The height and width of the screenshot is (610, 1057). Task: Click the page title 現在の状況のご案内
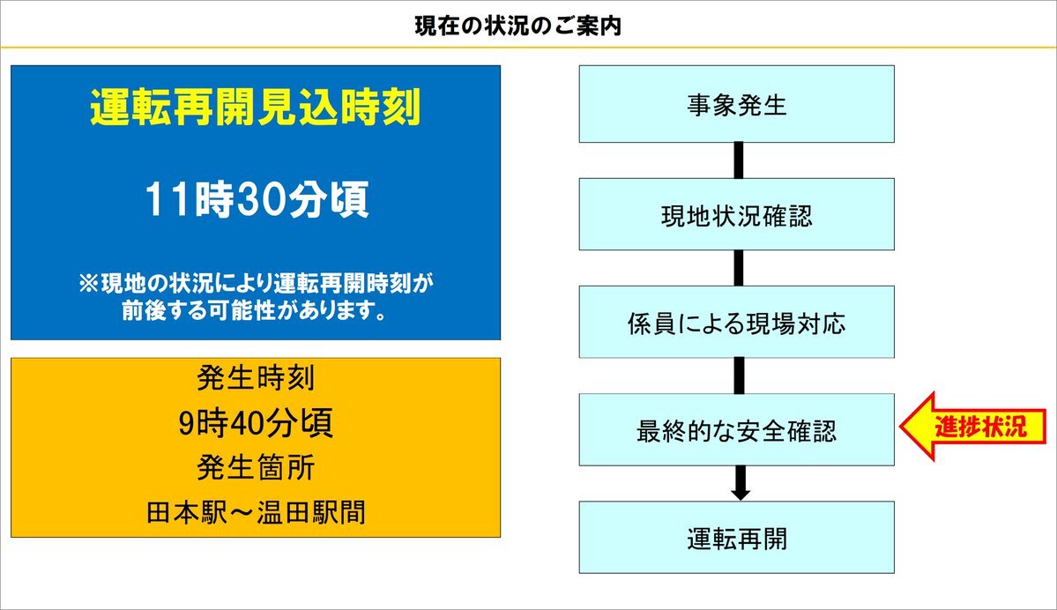pos(517,26)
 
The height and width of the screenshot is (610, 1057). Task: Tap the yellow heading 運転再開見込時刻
pos(256,108)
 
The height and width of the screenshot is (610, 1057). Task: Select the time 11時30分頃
pos(257,199)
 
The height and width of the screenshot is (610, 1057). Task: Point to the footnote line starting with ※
pos(256,283)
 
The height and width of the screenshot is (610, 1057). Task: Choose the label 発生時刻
pos(256,377)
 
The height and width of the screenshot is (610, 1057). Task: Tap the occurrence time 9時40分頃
pos(256,423)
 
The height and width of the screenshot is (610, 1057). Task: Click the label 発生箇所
pos(256,468)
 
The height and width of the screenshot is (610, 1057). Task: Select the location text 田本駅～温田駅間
pos(256,513)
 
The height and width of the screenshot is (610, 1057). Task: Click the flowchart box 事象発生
pos(737,104)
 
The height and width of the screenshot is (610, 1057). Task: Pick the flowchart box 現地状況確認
pos(737,214)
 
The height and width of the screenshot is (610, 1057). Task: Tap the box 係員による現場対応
pos(737,322)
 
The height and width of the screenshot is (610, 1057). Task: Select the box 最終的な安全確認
pos(737,430)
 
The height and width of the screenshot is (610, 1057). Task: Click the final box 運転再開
pos(737,537)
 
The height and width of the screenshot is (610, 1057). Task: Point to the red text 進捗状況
pos(981,427)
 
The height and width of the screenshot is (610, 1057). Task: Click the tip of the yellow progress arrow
pos(901,427)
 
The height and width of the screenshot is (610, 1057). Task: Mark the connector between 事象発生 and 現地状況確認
pos(739,160)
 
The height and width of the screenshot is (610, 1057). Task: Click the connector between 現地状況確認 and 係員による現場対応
pos(739,268)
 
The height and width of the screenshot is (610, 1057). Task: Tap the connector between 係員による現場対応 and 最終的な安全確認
pos(739,376)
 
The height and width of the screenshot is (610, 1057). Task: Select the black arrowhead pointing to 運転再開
pos(741,494)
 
